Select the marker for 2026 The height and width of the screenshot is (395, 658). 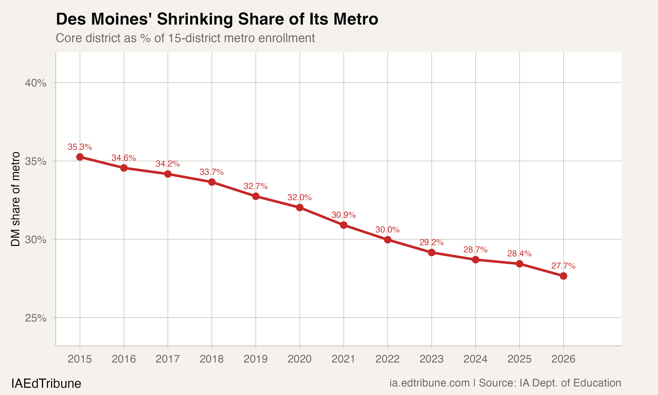coord(563,276)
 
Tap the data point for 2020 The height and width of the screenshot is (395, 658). coord(300,208)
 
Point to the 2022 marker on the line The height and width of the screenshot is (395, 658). coord(388,240)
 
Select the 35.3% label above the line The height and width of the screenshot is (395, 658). coord(80,147)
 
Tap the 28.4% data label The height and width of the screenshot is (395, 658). coord(519,253)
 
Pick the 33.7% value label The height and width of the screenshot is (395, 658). coord(211,172)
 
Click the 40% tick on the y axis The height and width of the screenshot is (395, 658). coord(36,83)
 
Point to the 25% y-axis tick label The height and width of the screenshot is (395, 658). coord(36,318)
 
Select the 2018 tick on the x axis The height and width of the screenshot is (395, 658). coord(211,359)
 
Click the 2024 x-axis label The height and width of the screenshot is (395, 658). coord(475,359)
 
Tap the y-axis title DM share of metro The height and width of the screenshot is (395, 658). coord(15,199)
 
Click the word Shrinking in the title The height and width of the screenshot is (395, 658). coord(195,19)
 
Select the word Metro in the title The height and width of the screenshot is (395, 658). coord(356,19)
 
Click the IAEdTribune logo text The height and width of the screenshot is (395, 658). coord(46,384)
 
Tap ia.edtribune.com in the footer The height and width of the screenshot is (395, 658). coord(429,383)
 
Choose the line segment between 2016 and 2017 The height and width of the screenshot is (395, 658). coord(146,171)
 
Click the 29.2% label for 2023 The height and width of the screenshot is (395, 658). coord(431,242)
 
